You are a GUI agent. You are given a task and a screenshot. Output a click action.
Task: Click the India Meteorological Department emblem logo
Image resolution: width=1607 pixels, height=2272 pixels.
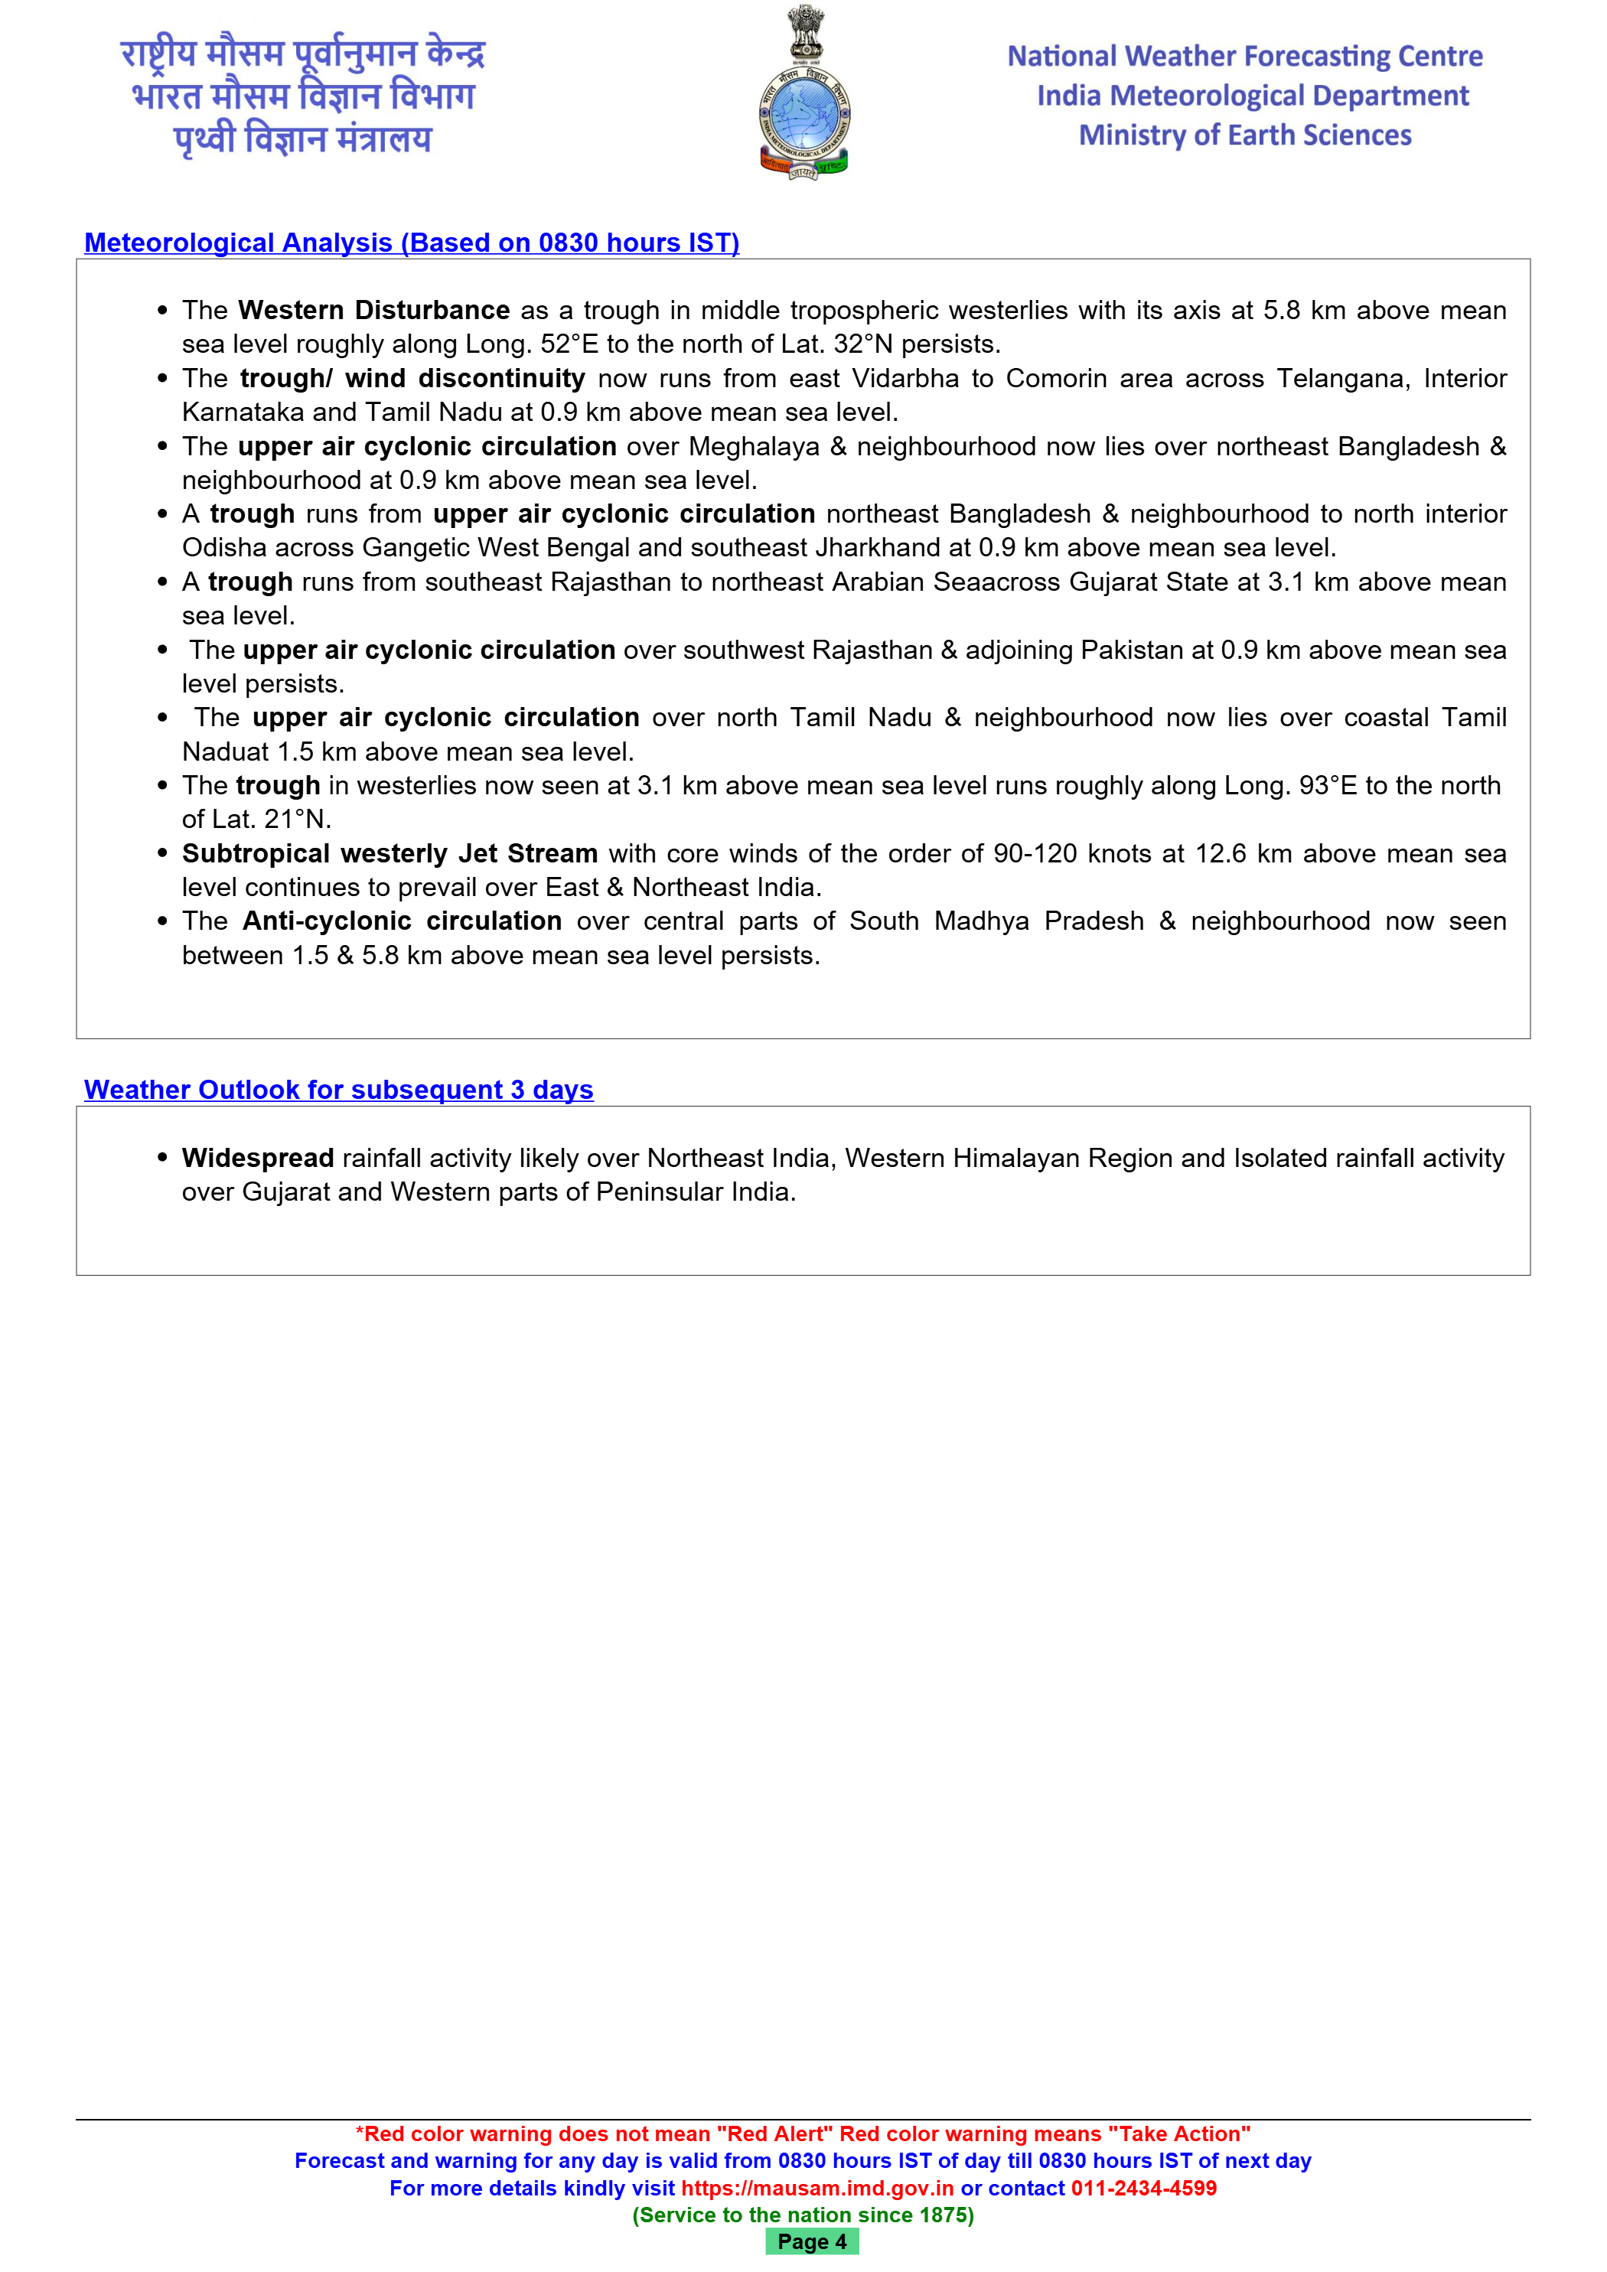pos(803,94)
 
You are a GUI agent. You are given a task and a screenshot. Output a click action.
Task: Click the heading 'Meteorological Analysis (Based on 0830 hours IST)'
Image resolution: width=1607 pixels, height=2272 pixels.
pos(412,243)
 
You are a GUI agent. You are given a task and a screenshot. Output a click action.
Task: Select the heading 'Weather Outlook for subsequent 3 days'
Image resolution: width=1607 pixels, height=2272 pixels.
pos(338,1090)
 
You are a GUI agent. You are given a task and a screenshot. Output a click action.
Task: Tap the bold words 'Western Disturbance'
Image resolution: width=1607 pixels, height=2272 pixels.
pos(374,310)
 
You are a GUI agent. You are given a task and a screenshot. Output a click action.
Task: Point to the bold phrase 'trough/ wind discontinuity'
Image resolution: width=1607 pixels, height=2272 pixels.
pos(412,378)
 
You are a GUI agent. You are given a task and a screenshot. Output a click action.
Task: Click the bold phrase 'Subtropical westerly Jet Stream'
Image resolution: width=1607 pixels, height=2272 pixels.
pos(390,853)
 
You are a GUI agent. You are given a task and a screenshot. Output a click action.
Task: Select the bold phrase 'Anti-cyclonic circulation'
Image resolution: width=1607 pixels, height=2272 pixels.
pos(402,921)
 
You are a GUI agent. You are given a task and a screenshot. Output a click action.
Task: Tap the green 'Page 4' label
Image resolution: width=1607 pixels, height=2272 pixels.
pos(811,2241)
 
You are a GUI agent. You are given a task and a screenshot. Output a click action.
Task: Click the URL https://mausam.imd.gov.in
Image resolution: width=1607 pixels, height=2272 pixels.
pos(817,2188)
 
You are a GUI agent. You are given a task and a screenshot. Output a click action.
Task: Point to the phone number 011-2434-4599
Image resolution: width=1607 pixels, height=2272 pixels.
pos(1144,2188)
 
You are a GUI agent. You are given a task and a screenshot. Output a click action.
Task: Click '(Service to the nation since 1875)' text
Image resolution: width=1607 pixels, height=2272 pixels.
pos(803,2215)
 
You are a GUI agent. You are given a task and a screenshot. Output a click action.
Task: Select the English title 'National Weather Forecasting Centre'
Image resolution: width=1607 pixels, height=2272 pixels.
pos(1245,57)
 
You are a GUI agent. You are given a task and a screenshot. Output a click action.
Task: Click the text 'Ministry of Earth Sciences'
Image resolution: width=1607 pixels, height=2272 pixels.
pos(1245,135)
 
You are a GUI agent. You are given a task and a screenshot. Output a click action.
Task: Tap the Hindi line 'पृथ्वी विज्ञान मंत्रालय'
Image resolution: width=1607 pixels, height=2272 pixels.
pos(303,139)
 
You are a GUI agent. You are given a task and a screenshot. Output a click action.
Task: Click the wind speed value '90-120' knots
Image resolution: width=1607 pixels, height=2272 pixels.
pos(1035,853)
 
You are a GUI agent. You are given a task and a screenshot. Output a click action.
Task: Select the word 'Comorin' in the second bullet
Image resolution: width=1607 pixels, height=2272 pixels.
pos(1056,378)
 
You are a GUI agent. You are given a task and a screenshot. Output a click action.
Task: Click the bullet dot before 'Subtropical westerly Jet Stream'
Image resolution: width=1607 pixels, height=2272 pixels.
pos(162,853)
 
